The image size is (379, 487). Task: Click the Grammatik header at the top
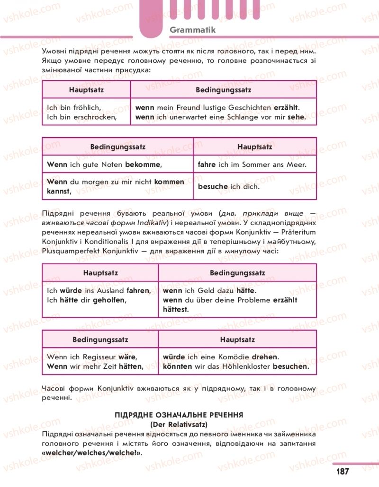192,30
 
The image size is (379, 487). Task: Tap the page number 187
343,471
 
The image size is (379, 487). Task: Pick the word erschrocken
94,117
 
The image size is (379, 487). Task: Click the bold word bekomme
143,165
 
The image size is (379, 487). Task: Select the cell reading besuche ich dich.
228,186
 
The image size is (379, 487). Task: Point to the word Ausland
111,290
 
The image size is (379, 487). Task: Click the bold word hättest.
175,309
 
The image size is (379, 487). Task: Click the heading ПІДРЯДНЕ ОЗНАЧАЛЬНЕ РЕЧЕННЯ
179,415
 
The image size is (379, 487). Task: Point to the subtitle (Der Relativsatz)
179,424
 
